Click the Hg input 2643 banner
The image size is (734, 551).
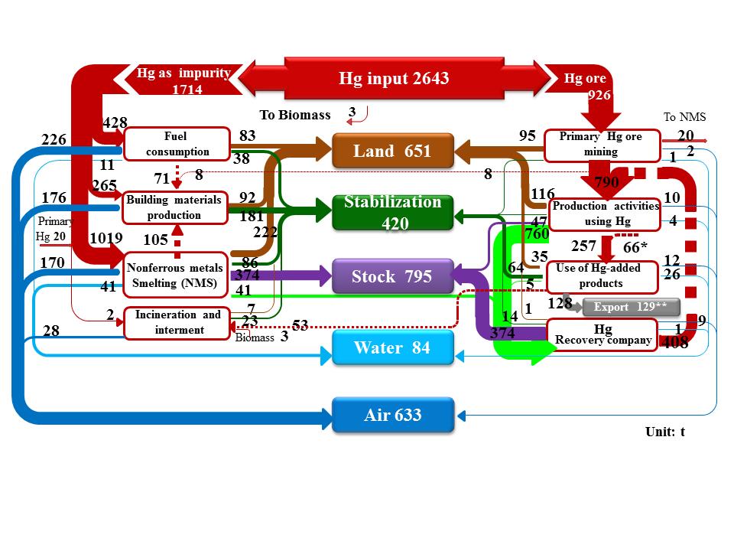[393, 78]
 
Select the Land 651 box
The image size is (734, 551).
[393, 152]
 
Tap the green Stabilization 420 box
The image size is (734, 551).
[393, 213]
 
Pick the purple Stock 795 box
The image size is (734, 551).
[393, 276]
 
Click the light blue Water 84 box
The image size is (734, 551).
[393, 348]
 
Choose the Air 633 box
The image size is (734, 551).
[393, 416]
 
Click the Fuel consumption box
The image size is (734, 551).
[177, 144]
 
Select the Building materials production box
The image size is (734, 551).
[175, 207]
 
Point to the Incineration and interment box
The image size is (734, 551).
[177, 322]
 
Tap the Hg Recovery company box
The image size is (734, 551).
[602, 334]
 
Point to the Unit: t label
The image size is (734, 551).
[664, 432]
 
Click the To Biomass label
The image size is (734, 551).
[295, 115]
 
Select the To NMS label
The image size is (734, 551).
[684, 117]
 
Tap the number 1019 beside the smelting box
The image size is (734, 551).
[106, 238]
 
